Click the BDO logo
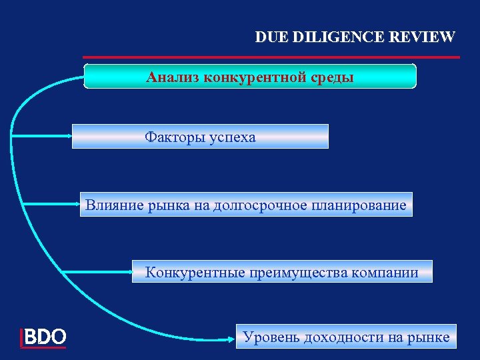point(44,337)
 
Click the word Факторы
point(173,137)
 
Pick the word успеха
point(231,137)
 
